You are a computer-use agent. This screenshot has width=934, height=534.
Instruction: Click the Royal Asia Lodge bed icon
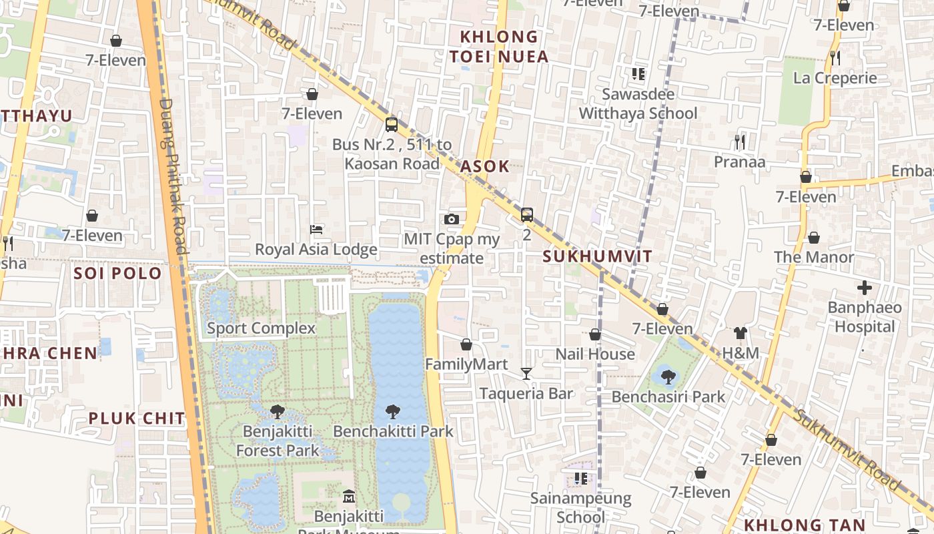(x=317, y=230)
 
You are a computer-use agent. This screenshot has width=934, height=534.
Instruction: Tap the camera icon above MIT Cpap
(x=452, y=219)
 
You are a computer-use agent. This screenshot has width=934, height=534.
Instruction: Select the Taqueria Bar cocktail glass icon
(x=526, y=374)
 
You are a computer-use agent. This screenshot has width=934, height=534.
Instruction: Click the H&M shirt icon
(x=740, y=333)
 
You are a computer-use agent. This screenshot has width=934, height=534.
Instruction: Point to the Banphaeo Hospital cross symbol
(x=865, y=288)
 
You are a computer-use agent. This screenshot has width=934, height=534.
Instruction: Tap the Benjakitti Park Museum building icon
(x=349, y=497)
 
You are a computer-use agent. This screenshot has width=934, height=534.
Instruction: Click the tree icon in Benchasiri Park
(x=668, y=377)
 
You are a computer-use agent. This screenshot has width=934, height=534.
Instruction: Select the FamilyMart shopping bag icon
(x=466, y=344)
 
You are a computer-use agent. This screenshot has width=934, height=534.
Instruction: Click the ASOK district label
(x=485, y=166)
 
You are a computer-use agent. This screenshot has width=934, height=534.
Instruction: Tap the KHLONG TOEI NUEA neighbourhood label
(x=499, y=47)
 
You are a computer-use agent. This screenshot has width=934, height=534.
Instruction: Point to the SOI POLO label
(x=118, y=273)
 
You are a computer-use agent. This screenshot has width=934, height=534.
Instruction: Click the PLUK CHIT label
(x=137, y=419)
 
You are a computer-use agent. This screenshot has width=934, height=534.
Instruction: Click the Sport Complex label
(x=261, y=328)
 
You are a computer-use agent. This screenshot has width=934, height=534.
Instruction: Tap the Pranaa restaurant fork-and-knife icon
(x=739, y=142)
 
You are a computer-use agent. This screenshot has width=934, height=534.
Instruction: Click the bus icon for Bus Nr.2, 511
(x=392, y=125)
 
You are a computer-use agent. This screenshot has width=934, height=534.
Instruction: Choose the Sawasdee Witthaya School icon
(x=638, y=74)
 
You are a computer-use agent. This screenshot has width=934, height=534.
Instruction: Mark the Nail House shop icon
(x=595, y=334)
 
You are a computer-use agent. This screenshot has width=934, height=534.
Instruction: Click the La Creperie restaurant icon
(x=835, y=58)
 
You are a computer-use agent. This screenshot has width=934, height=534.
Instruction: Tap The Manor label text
(x=814, y=257)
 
